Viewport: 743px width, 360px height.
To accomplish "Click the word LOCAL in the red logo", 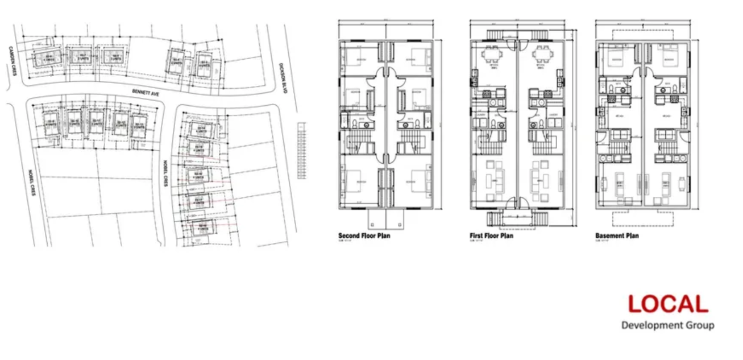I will click(668, 304).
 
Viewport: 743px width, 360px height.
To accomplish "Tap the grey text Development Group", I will click(667, 325).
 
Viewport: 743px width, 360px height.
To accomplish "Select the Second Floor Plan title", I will click(364, 235).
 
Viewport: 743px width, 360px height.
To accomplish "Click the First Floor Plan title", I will click(491, 235).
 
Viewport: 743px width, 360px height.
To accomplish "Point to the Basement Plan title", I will click(617, 235).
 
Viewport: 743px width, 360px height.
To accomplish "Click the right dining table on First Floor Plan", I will click(542, 56).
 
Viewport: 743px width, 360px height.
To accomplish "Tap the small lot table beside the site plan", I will click(301, 150).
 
